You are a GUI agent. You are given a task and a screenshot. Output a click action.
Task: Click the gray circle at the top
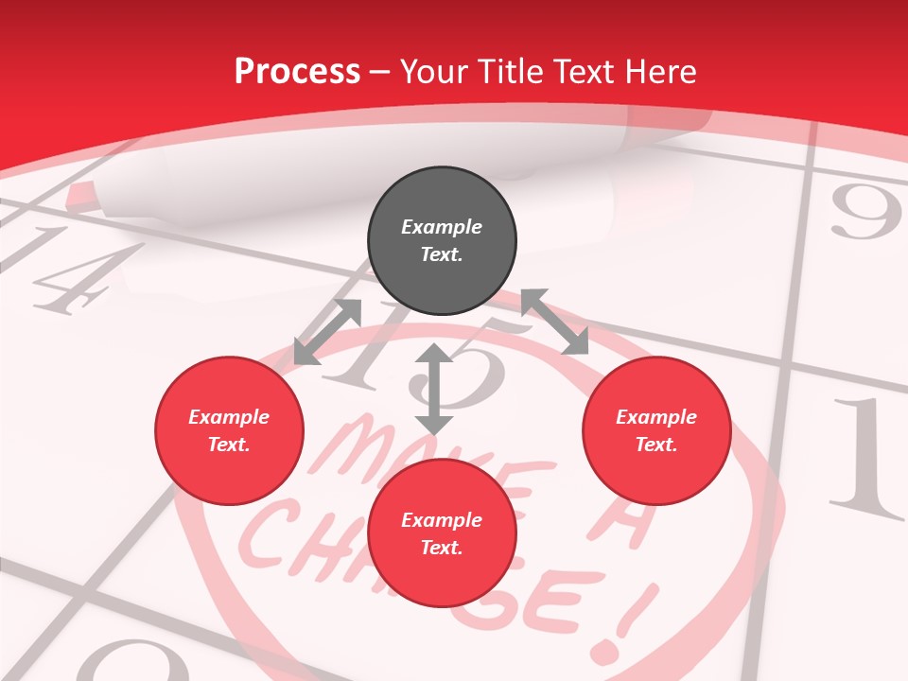(x=442, y=241)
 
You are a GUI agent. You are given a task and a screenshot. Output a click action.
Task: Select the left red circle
(x=229, y=431)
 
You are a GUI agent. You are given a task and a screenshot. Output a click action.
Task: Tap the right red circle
(x=656, y=431)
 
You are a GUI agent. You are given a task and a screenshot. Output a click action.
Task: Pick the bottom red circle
(x=442, y=533)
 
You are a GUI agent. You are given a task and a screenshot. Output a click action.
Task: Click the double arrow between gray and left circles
(x=327, y=331)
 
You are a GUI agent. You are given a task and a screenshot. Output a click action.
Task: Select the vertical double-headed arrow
(x=434, y=389)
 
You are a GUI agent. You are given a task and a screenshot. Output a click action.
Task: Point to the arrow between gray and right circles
(x=555, y=322)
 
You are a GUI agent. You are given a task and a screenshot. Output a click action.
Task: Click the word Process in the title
(x=297, y=71)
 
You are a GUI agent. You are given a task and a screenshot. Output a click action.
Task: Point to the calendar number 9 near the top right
(x=864, y=214)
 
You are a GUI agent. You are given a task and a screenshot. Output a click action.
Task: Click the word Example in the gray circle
(x=442, y=227)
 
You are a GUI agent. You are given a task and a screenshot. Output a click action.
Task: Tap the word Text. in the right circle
(x=656, y=445)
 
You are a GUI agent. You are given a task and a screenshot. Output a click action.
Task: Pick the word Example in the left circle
(x=229, y=417)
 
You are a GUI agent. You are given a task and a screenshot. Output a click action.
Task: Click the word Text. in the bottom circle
(x=442, y=548)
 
